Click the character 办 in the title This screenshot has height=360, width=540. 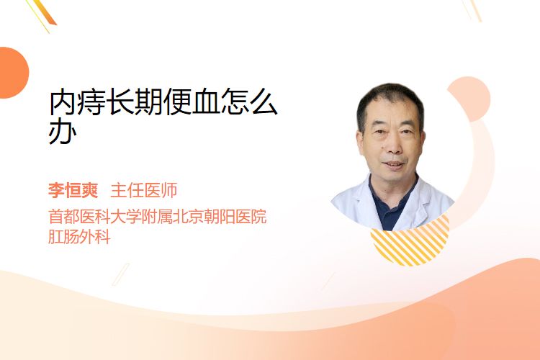(62, 132)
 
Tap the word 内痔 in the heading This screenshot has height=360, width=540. (77, 102)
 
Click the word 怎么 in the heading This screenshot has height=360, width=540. (248, 102)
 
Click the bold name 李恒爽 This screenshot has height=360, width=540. (73, 190)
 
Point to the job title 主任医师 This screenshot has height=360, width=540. (143, 190)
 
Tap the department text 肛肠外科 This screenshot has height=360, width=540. (79, 237)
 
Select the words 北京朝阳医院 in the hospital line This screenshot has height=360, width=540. (220, 217)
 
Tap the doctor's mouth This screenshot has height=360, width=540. (394, 165)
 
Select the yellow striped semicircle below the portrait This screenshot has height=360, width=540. (410, 245)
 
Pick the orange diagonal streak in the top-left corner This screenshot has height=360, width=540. (45, 13)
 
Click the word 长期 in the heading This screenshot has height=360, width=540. (135, 102)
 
